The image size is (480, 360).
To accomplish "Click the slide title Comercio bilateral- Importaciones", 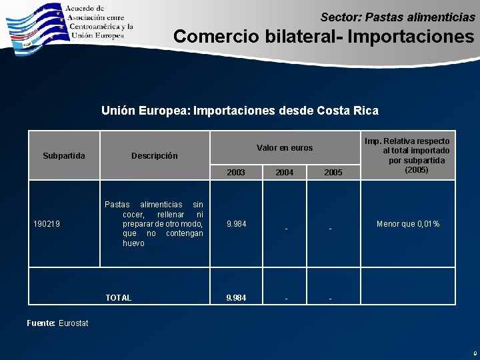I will click(323, 35).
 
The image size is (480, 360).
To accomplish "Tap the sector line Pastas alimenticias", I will click(397, 16).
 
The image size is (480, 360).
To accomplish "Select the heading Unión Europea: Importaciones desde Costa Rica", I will click(239, 111).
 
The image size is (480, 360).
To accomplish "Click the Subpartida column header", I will click(64, 156).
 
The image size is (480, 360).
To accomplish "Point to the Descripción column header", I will click(155, 156).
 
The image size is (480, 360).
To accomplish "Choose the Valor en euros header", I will click(285, 148).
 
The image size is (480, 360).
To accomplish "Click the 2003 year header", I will click(236, 173).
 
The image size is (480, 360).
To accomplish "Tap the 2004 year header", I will click(285, 173).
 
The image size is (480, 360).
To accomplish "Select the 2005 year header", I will click(333, 173).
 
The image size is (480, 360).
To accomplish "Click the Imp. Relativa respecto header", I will click(416, 155).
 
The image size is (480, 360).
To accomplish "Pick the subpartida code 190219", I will click(47, 224).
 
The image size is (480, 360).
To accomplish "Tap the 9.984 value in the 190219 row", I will click(236, 224).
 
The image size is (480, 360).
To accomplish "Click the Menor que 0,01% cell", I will click(408, 224).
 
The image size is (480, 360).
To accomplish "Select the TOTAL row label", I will click(119, 298).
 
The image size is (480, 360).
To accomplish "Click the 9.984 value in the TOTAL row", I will click(236, 298).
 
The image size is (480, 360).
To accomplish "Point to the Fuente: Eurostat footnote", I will click(57, 323).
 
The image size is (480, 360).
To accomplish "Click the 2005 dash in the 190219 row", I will click(330, 229).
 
